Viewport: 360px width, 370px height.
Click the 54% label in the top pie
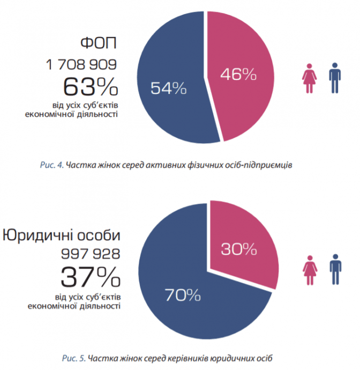coord(168,88)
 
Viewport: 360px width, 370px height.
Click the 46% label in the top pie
coord(238,75)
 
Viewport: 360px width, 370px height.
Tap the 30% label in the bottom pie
coord(239,249)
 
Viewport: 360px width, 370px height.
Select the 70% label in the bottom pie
coord(183,294)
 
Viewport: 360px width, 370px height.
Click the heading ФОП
coord(97,43)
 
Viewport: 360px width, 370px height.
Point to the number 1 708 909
coord(81,65)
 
